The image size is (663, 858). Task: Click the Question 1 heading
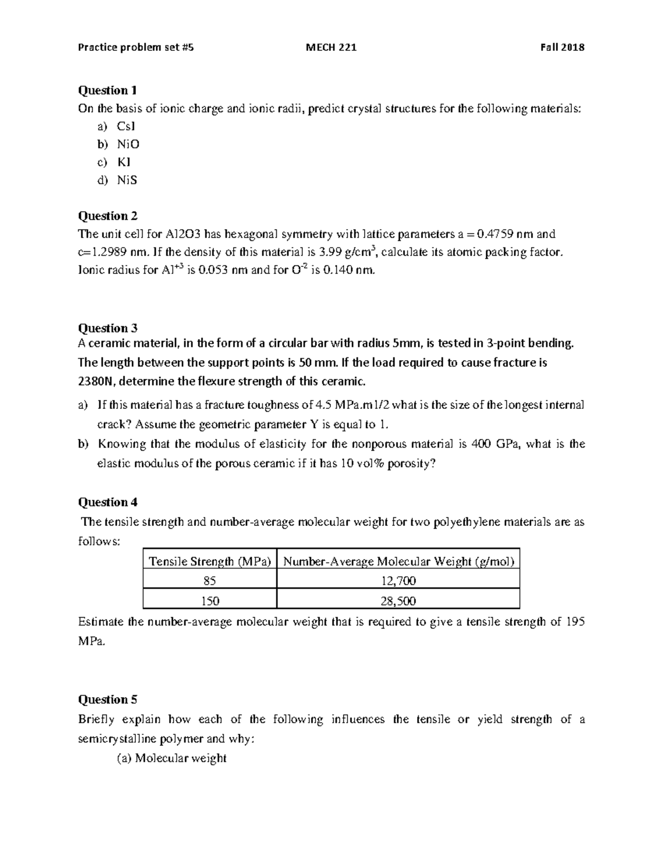(x=107, y=90)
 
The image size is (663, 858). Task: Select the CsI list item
(x=125, y=126)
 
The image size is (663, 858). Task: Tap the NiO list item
(x=128, y=144)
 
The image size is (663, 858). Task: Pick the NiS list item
(x=127, y=180)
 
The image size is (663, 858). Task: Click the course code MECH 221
(x=331, y=48)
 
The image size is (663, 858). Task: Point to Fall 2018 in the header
(x=562, y=48)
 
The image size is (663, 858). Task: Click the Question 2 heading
(x=107, y=216)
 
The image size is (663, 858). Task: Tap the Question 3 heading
(x=107, y=328)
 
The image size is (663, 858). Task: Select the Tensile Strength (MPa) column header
(x=209, y=562)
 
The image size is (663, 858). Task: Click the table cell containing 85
(x=209, y=581)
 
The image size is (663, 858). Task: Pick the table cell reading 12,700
(x=398, y=581)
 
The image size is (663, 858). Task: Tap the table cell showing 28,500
(x=398, y=601)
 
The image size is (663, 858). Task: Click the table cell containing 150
(x=209, y=601)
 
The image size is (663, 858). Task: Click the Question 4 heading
(x=107, y=502)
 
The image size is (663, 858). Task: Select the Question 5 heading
(x=107, y=699)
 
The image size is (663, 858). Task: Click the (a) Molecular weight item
(x=171, y=759)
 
